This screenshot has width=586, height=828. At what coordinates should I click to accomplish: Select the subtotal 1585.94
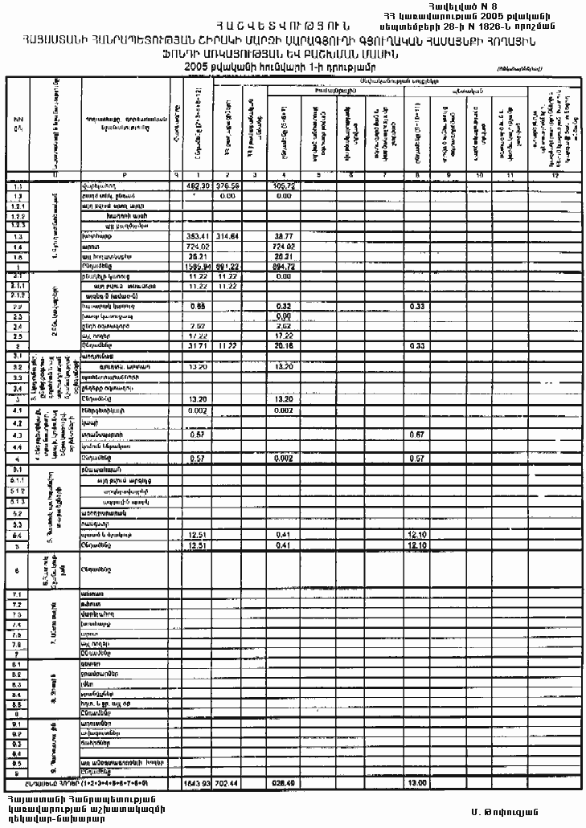click(197, 266)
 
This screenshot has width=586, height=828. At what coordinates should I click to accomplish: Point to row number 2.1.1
click(17, 285)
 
